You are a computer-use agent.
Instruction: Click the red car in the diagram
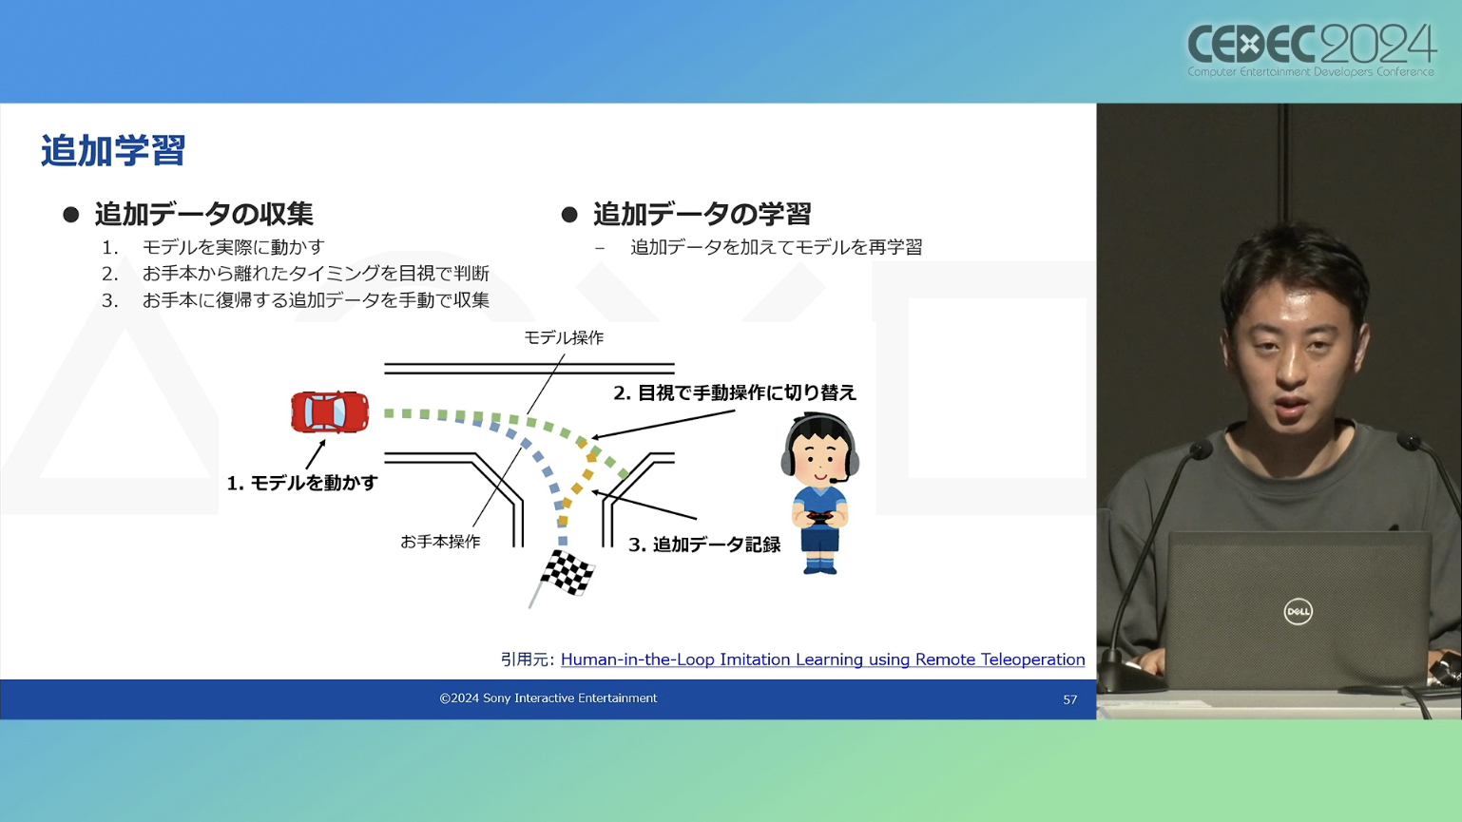pos(330,411)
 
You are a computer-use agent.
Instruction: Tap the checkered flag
pos(567,573)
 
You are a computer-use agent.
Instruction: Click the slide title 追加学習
pos(113,151)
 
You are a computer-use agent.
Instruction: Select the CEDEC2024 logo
pos(1311,50)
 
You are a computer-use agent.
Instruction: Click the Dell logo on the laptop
pos(1298,611)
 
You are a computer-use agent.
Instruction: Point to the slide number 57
pos(1069,699)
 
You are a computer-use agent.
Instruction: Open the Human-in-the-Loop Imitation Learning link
pos(822,659)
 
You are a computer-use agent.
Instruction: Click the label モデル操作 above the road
pos(564,337)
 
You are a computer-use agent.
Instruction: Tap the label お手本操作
pos(440,542)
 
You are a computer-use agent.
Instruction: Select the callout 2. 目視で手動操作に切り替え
pos(735,392)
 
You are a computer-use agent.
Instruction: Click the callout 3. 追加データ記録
pos(704,545)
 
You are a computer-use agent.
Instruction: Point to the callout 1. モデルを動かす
pos(302,483)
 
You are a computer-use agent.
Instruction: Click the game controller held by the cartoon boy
pos(819,518)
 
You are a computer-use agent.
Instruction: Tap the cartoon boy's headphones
pos(819,444)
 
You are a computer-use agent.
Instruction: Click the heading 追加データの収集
pos(203,213)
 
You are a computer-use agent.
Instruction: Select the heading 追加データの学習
pos(702,213)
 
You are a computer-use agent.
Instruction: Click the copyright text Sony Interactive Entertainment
pos(548,698)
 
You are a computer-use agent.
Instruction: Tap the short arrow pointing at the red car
pos(316,454)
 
